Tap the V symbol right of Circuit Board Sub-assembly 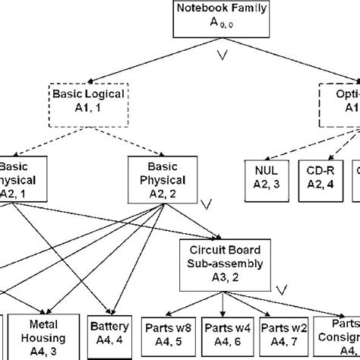[283, 289]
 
